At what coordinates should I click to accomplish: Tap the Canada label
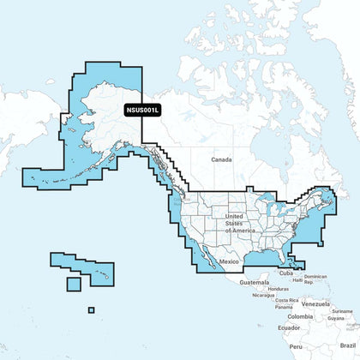pos(224,160)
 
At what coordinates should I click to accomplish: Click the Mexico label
pos(229,260)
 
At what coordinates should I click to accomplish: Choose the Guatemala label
pos(255,282)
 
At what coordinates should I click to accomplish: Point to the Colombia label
pos(300,317)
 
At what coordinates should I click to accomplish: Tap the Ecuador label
pos(289,328)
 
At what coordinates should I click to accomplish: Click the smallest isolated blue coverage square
pos(91,310)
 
